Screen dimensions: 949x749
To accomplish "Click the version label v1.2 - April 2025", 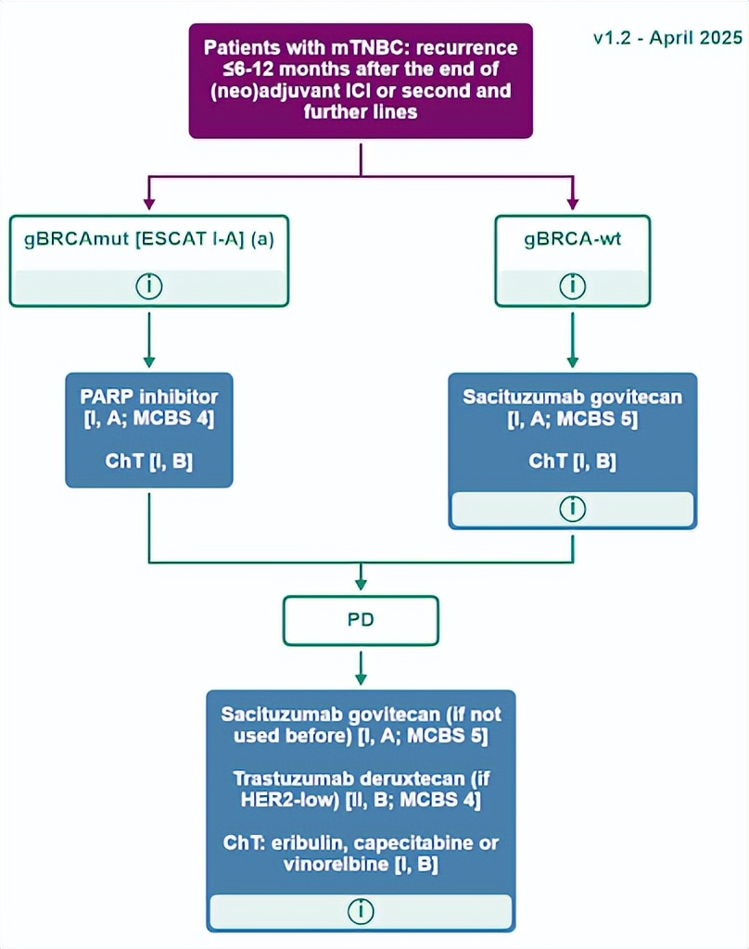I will pos(667,38).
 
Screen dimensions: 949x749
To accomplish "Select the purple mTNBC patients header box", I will pos(361,81).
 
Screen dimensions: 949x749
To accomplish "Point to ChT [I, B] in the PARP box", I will pos(148,461).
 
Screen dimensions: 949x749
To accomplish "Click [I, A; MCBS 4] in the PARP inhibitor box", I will pos(148,418).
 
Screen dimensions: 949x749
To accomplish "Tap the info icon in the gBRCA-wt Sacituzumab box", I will pos(572,509).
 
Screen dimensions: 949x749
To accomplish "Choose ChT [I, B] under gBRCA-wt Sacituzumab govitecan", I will pos(572,461).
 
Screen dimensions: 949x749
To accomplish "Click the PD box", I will pos(361,620).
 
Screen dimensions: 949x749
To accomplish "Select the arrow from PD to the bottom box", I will pos(361,667).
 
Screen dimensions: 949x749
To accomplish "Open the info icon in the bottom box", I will pos(361,911).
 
